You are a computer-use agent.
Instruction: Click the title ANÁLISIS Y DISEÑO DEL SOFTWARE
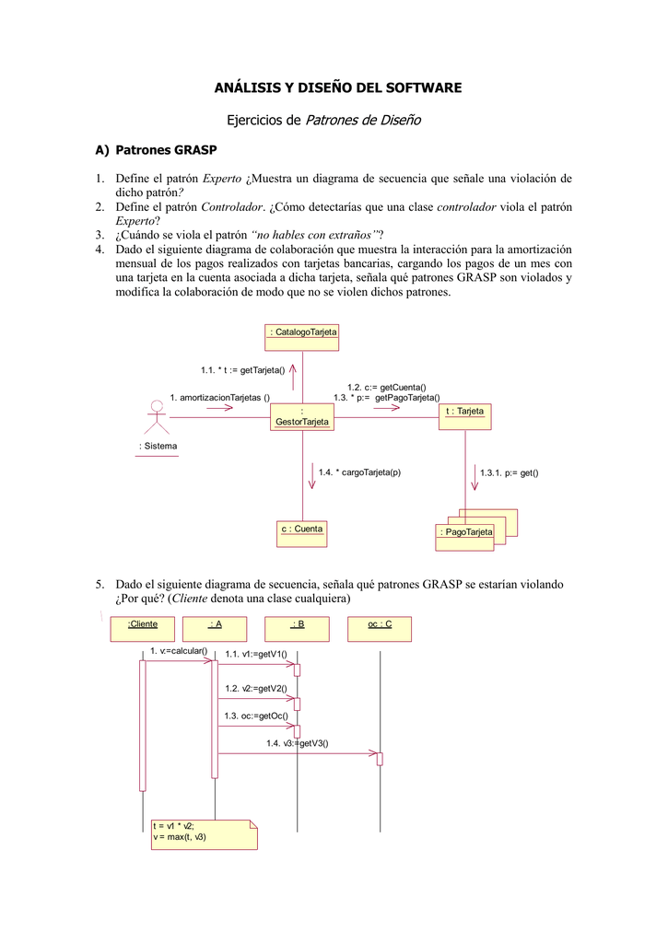pyautogui.click(x=337, y=87)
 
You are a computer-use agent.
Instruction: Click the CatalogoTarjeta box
pyautogui.click(x=302, y=337)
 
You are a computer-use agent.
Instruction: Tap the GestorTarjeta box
pyautogui.click(x=302, y=416)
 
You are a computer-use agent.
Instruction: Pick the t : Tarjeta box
pyautogui.click(x=465, y=416)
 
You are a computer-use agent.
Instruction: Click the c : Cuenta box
pyautogui.click(x=302, y=533)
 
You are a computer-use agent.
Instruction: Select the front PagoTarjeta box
pyautogui.click(x=465, y=537)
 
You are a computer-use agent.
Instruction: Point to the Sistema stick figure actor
pyautogui.click(x=158, y=420)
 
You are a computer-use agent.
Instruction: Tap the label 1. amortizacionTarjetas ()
pyautogui.click(x=219, y=397)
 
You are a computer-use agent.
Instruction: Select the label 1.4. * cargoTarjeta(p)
pyautogui.click(x=359, y=472)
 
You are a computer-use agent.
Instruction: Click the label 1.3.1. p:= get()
pyautogui.click(x=509, y=472)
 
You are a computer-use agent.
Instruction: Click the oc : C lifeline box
pyautogui.click(x=380, y=628)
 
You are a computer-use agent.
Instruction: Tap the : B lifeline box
pyautogui.click(x=297, y=628)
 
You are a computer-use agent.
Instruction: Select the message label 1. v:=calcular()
pyautogui.click(x=179, y=651)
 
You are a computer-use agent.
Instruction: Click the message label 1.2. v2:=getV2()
pyautogui.click(x=256, y=688)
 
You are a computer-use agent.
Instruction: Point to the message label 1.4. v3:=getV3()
pyautogui.click(x=297, y=743)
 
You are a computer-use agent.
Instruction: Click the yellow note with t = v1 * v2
pyautogui.click(x=204, y=832)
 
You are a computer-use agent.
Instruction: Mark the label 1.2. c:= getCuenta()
pyautogui.click(x=386, y=388)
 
